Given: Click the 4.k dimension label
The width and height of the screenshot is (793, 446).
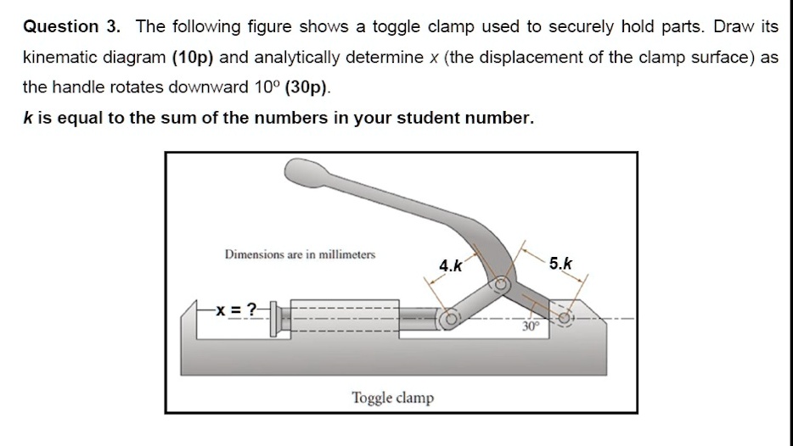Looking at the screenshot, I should pyautogui.click(x=451, y=265).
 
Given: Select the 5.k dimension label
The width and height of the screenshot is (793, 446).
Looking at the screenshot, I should pyautogui.click(x=560, y=263).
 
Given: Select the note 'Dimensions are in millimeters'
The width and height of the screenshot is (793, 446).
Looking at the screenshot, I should pyautogui.click(x=300, y=254).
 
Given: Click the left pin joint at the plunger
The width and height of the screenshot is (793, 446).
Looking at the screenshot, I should pyautogui.click(x=449, y=320).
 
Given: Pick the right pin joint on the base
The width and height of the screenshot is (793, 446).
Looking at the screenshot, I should pyautogui.click(x=565, y=318).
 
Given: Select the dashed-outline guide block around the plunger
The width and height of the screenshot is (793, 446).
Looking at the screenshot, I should pyautogui.click(x=344, y=319).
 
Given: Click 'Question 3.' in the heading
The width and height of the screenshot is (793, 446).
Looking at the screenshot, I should pyautogui.click(x=72, y=26).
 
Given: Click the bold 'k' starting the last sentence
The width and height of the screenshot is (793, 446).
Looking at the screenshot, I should pyautogui.click(x=28, y=118).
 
